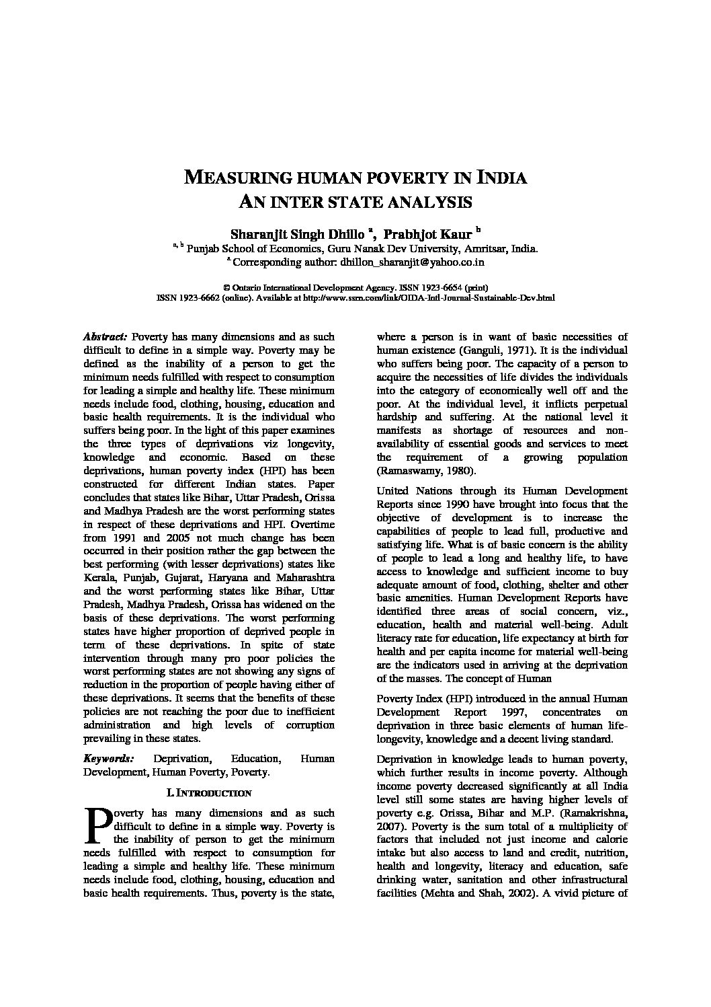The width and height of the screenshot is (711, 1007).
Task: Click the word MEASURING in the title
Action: (x=239, y=178)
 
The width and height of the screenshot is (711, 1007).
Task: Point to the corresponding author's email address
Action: (x=413, y=262)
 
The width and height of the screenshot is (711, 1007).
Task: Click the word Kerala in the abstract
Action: (x=101, y=578)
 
